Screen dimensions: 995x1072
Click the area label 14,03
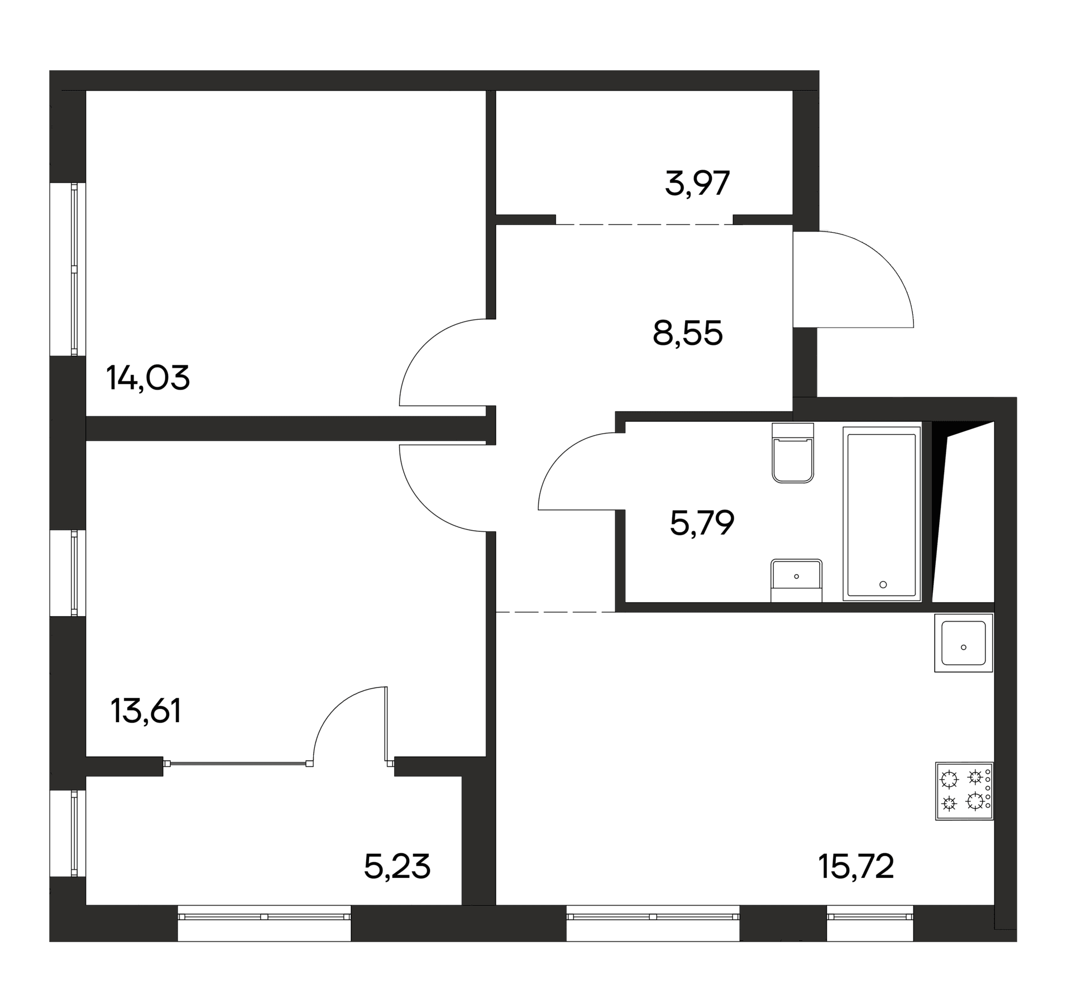(148, 378)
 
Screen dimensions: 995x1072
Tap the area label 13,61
(146, 711)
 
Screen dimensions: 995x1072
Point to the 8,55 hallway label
(687, 333)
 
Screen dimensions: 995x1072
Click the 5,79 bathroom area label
(702, 522)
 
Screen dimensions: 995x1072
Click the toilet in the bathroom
(793, 452)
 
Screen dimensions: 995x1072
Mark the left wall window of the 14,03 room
(74, 268)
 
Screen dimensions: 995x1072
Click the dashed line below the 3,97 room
(644, 224)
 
